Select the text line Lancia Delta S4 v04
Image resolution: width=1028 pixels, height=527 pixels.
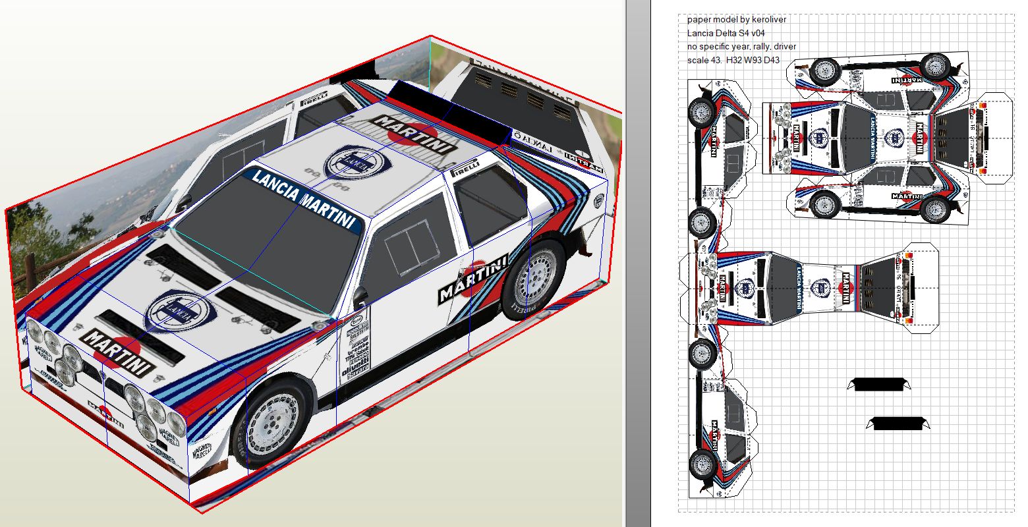(x=726, y=33)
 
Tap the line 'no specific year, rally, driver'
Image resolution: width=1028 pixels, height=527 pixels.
(x=741, y=47)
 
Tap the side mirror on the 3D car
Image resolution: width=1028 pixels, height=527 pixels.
(x=361, y=297)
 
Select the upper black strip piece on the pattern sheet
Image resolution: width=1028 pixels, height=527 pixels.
(x=880, y=384)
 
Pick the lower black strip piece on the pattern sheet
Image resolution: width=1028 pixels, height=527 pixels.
(x=898, y=424)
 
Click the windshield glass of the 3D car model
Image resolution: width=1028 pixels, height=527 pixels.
(x=264, y=244)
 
